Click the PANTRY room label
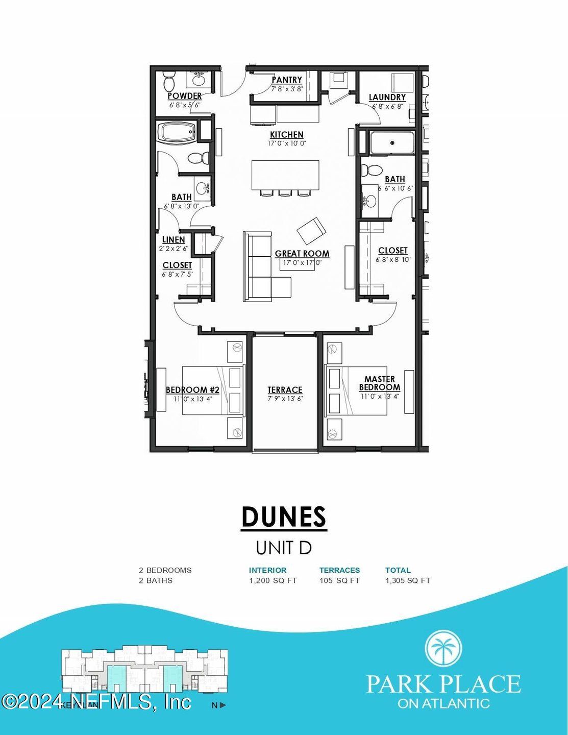click(287, 80)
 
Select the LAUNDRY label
click(387, 97)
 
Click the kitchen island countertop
click(285, 174)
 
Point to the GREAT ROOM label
click(302, 254)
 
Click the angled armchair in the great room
click(311, 231)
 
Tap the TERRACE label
click(285, 390)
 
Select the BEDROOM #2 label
click(192, 390)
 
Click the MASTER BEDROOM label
click(379, 383)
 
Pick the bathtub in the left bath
click(176, 133)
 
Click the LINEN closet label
click(174, 239)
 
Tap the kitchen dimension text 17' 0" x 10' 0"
click(286, 143)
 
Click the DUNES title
click(283, 517)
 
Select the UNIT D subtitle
click(283, 548)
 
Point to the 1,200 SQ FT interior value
click(273, 580)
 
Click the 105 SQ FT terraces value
click(339, 580)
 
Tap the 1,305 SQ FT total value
click(408, 580)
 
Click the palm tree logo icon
click(443, 648)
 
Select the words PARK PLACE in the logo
click(443, 684)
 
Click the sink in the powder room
click(198, 80)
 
